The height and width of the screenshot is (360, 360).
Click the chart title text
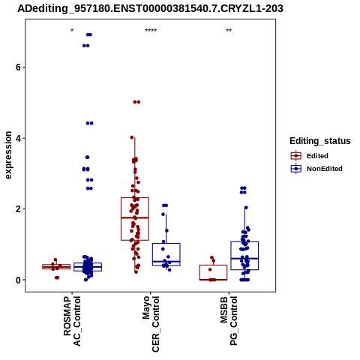pyautogui.click(x=150, y=9)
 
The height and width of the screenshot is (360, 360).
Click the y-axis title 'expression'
pyautogui.click(x=8, y=155)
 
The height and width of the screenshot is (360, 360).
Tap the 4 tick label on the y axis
pyautogui.click(x=18, y=138)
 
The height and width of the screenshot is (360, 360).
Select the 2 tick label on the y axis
pyautogui.click(x=18, y=209)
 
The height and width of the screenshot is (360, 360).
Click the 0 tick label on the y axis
pyautogui.click(x=18, y=280)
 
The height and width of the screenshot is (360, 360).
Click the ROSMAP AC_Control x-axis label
pyautogui.click(x=72, y=321)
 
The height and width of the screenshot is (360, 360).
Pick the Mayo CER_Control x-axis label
pyautogui.click(x=151, y=324)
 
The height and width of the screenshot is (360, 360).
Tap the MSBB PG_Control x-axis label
pyautogui.click(x=229, y=321)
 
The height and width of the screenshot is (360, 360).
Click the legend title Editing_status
pyautogui.click(x=320, y=141)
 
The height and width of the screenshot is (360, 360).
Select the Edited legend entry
pyautogui.click(x=310, y=156)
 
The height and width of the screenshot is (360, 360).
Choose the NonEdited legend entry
pyautogui.click(x=316, y=169)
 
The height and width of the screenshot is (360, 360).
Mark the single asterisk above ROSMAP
pyautogui.click(x=72, y=31)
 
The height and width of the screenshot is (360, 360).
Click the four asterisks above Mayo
pyautogui.click(x=151, y=31)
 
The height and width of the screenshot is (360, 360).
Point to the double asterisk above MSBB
pyautogui.click(x=229, y=31)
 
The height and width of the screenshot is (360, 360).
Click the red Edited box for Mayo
pyautogui.click(x=135, y=197)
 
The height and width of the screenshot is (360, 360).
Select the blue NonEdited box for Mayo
pyautogui.click(x=166, y=243)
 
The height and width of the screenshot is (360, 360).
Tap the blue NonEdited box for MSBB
pyautogui.click(x=244, y=241)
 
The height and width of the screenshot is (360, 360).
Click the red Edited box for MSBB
pyautogui.click(x=213, y=265)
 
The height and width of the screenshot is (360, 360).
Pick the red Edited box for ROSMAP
pyautogui.click(x=56, y=265)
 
